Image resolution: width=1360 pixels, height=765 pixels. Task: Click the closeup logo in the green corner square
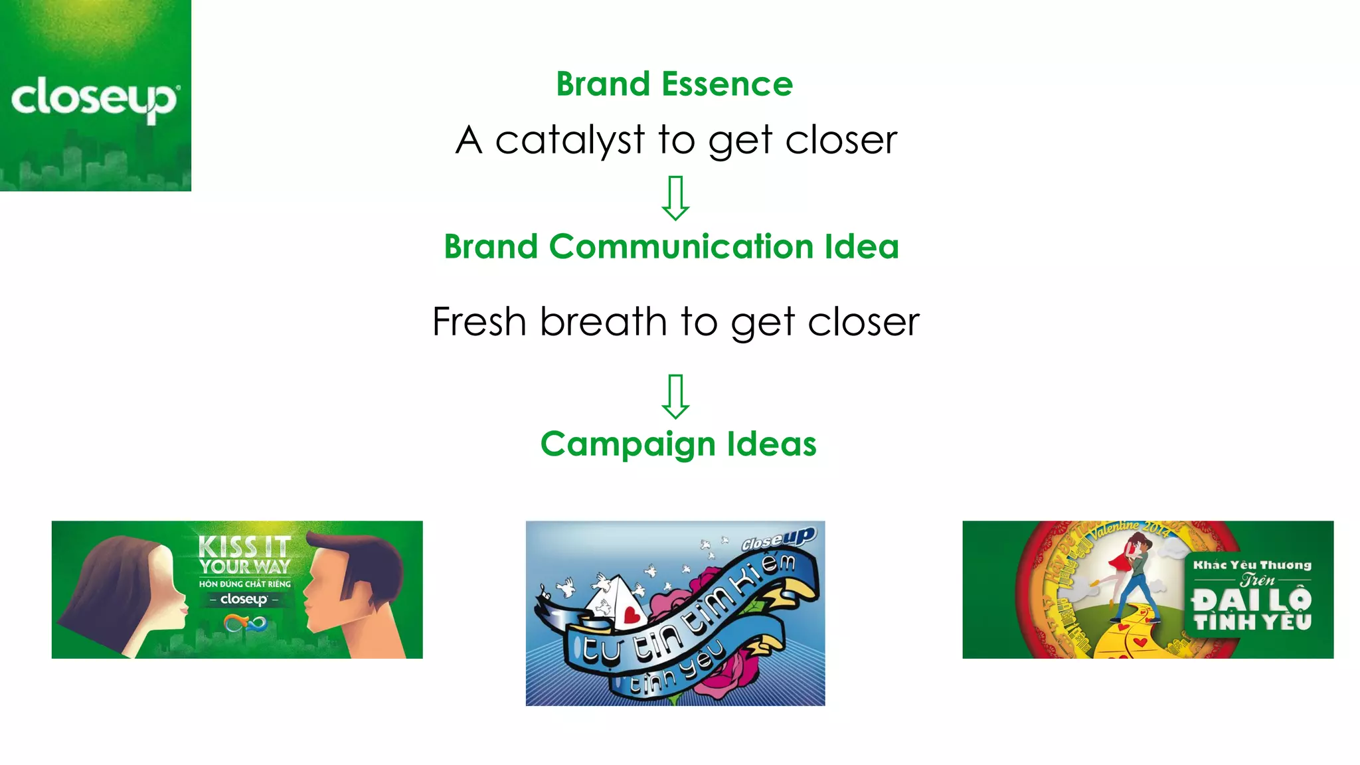click(94, 98)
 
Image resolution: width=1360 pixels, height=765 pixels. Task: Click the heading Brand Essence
click(674, 84)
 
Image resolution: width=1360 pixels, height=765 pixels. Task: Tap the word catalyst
click(570, 141)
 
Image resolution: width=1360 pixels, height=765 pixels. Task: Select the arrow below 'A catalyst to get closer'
click(675, 198)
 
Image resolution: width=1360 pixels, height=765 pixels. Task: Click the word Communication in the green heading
click(681, 247)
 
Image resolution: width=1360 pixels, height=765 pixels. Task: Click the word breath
click(603, 322)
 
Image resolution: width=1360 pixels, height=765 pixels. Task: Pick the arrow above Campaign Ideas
click(675, 396)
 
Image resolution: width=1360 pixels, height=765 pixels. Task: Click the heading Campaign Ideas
click(678, 444)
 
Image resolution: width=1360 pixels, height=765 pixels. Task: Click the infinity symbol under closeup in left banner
click(244, 624)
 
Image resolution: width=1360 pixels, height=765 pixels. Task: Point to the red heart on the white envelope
click(633, 614)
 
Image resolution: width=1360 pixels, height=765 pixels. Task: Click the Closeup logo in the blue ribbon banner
click(778, 539)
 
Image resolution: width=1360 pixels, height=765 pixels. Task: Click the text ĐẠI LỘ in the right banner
click(1252, 600)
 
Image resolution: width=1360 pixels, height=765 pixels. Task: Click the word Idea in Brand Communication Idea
click(861, 247)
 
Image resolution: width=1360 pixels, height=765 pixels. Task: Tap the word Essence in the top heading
click(727, 84)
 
